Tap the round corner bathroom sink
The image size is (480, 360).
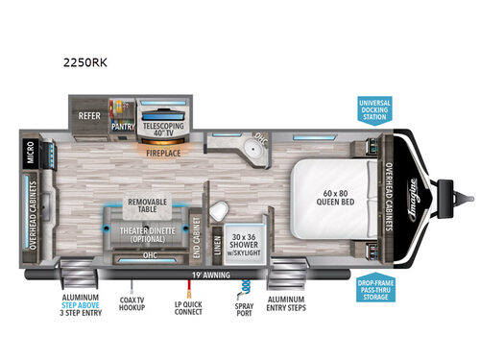click(255, 146)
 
